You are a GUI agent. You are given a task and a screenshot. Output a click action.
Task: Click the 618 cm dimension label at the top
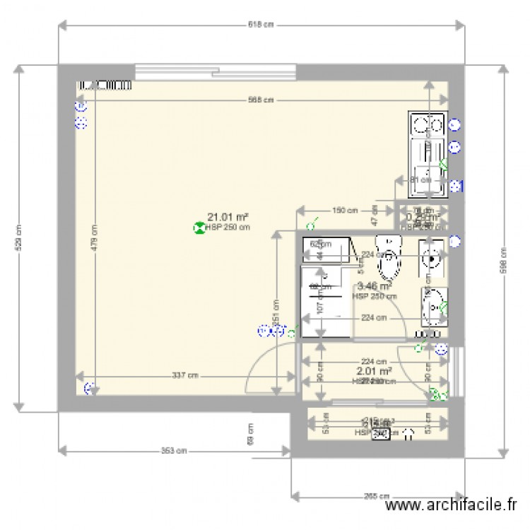coord(261,24)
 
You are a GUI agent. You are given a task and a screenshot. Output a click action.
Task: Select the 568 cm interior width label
coord(261,100)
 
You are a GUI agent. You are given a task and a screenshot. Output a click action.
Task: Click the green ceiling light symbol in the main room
coord(199,228)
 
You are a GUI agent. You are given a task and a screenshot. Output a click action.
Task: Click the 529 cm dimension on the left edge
coord(18,237)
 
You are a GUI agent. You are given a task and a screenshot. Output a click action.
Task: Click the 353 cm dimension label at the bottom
coord(175,450)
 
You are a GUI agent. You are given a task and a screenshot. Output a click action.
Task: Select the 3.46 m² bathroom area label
coord(374,287)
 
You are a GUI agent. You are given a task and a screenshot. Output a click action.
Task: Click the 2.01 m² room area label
coord(375,371)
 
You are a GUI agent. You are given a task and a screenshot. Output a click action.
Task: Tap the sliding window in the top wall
coord(216,71)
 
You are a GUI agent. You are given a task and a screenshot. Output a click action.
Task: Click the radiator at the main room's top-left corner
coord(105,84)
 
